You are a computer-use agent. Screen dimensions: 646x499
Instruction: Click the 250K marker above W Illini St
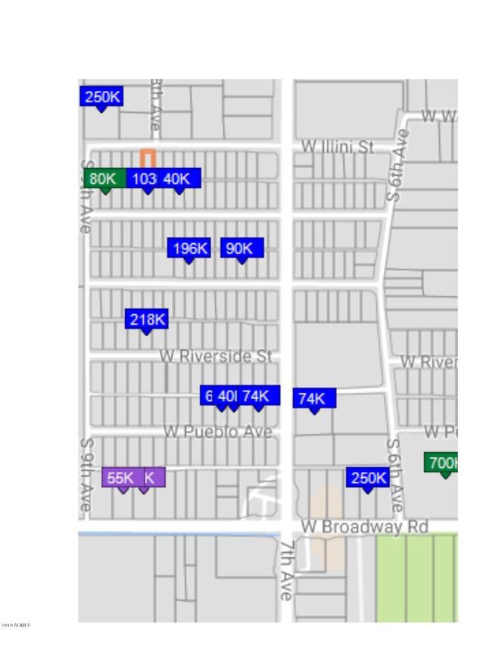point(101,97)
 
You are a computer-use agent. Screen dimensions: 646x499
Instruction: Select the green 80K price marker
point(103,179)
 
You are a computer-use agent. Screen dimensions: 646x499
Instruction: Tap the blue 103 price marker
point(145,179)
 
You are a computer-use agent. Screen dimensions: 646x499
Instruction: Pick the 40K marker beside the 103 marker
point(179,179)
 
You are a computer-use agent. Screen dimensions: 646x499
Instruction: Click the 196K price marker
point(189,248)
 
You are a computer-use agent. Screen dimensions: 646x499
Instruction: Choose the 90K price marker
point(242,248)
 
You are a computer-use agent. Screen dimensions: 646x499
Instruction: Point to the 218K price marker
point(147,320)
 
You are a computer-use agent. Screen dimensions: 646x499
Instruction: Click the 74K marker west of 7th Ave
point(257,395)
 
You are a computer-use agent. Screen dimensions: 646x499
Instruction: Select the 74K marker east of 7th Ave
point(313,398)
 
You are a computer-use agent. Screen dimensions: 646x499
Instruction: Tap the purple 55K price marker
point(121,478)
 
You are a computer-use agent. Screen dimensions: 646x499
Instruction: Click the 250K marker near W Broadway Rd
point(368,478)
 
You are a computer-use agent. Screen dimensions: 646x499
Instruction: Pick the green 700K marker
point(444,463)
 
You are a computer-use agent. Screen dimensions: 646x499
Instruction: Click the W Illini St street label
point(338,147)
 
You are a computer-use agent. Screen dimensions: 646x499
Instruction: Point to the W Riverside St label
point(216,355)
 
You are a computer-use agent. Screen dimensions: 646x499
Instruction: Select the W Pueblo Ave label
point(218,432)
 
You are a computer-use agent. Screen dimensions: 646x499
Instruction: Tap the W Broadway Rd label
point(364,526)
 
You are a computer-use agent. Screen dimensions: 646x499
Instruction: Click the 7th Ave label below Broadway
point(286,570)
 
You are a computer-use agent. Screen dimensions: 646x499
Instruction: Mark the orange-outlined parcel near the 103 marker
point(148,158)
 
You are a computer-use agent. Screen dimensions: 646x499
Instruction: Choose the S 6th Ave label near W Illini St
point(398,164)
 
